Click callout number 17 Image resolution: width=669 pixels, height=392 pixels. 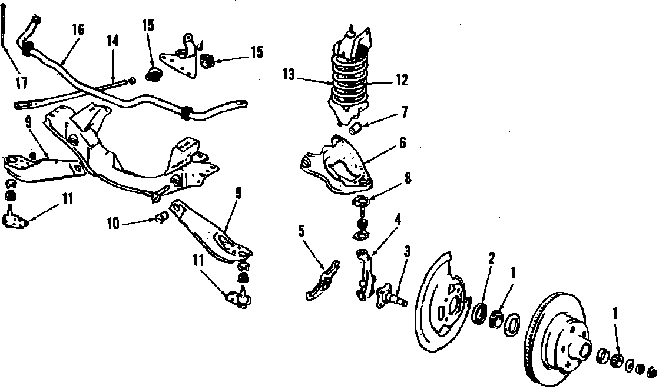pyautogui.click(x=22, y=83)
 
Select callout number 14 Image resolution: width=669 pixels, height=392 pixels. pyautogui.click(x=112, y=41)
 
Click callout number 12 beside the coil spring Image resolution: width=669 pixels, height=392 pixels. pyautogui.click(x=402, y=81)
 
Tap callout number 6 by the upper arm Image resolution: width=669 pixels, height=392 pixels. pyautogui.click(x=402, y=142)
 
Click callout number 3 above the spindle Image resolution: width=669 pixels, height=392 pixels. pyautogui.click(x=406, y=251)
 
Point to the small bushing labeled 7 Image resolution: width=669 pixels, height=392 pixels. pyautogui.click(x=356, y=128)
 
